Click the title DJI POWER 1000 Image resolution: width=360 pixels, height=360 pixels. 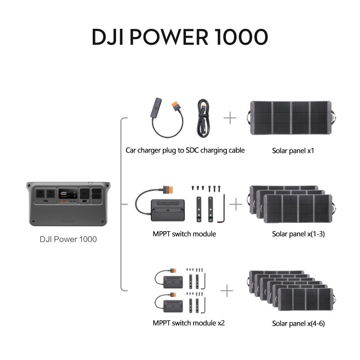tap(180, 37)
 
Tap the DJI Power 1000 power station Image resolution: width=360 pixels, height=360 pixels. tap(68, 203)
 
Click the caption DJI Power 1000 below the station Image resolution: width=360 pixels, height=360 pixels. tap(68, 239)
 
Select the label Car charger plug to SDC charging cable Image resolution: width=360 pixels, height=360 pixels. tap(185, 150)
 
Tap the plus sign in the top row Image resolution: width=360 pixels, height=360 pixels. tap(230, 118)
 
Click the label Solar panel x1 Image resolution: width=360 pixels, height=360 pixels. tap(293, 151)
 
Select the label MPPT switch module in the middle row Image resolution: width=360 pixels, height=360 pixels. tap(184, 234)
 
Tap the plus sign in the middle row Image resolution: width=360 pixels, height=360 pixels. tap(236, 205)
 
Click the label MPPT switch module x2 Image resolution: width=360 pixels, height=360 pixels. tap(189, 323)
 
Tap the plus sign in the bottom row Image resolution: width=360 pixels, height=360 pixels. tap(227, 291)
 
